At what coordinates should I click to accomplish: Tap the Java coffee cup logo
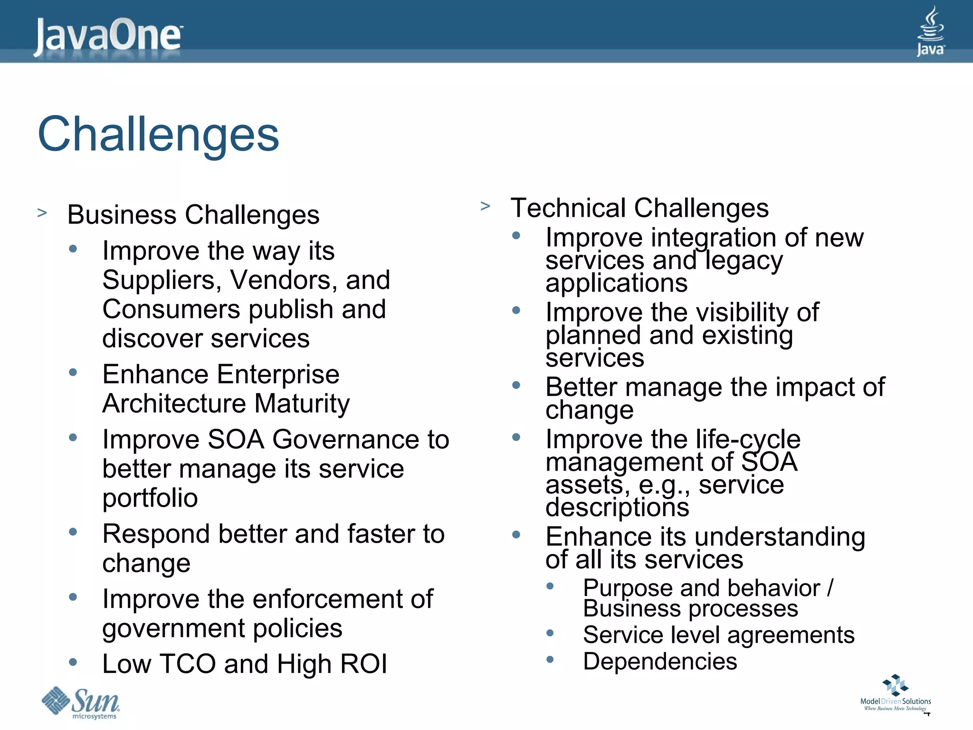(x=930, y=31)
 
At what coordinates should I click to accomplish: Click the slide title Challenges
(x=158, y=134)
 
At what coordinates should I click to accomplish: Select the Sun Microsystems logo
(x=81, y=702)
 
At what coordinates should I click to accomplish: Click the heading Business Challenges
(x=193, y=215)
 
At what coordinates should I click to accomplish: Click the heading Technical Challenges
(x=639, y=208)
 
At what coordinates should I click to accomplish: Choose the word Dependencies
(x=660, y=661)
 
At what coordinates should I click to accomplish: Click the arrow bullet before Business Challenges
(x=42, y=212)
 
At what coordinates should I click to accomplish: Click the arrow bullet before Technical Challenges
(x=485, y=206)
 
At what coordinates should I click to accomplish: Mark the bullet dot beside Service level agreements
(x=550, y=633)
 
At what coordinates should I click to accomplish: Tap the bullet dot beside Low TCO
(x=73, y=662)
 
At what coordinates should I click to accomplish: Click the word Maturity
(x=302, y=403)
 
